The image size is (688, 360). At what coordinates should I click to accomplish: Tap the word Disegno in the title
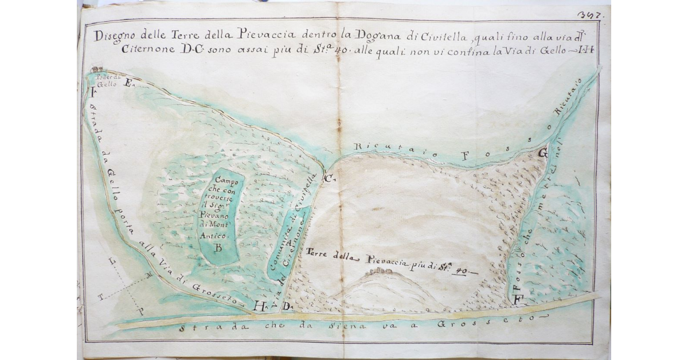click(x=115, y=36)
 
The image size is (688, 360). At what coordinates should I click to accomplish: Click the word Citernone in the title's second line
click(x=146, y=49)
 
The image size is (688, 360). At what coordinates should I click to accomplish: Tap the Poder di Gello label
click(x=107, y=80)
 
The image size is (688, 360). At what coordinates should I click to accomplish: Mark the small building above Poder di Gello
click(x=95, y=69)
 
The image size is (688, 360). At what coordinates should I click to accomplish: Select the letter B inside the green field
click(x=218, y=248)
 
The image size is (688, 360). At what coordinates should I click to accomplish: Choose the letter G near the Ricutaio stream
click(x=542, y=153)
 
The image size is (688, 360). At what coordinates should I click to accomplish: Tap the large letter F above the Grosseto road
click(x=518, y=299)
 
